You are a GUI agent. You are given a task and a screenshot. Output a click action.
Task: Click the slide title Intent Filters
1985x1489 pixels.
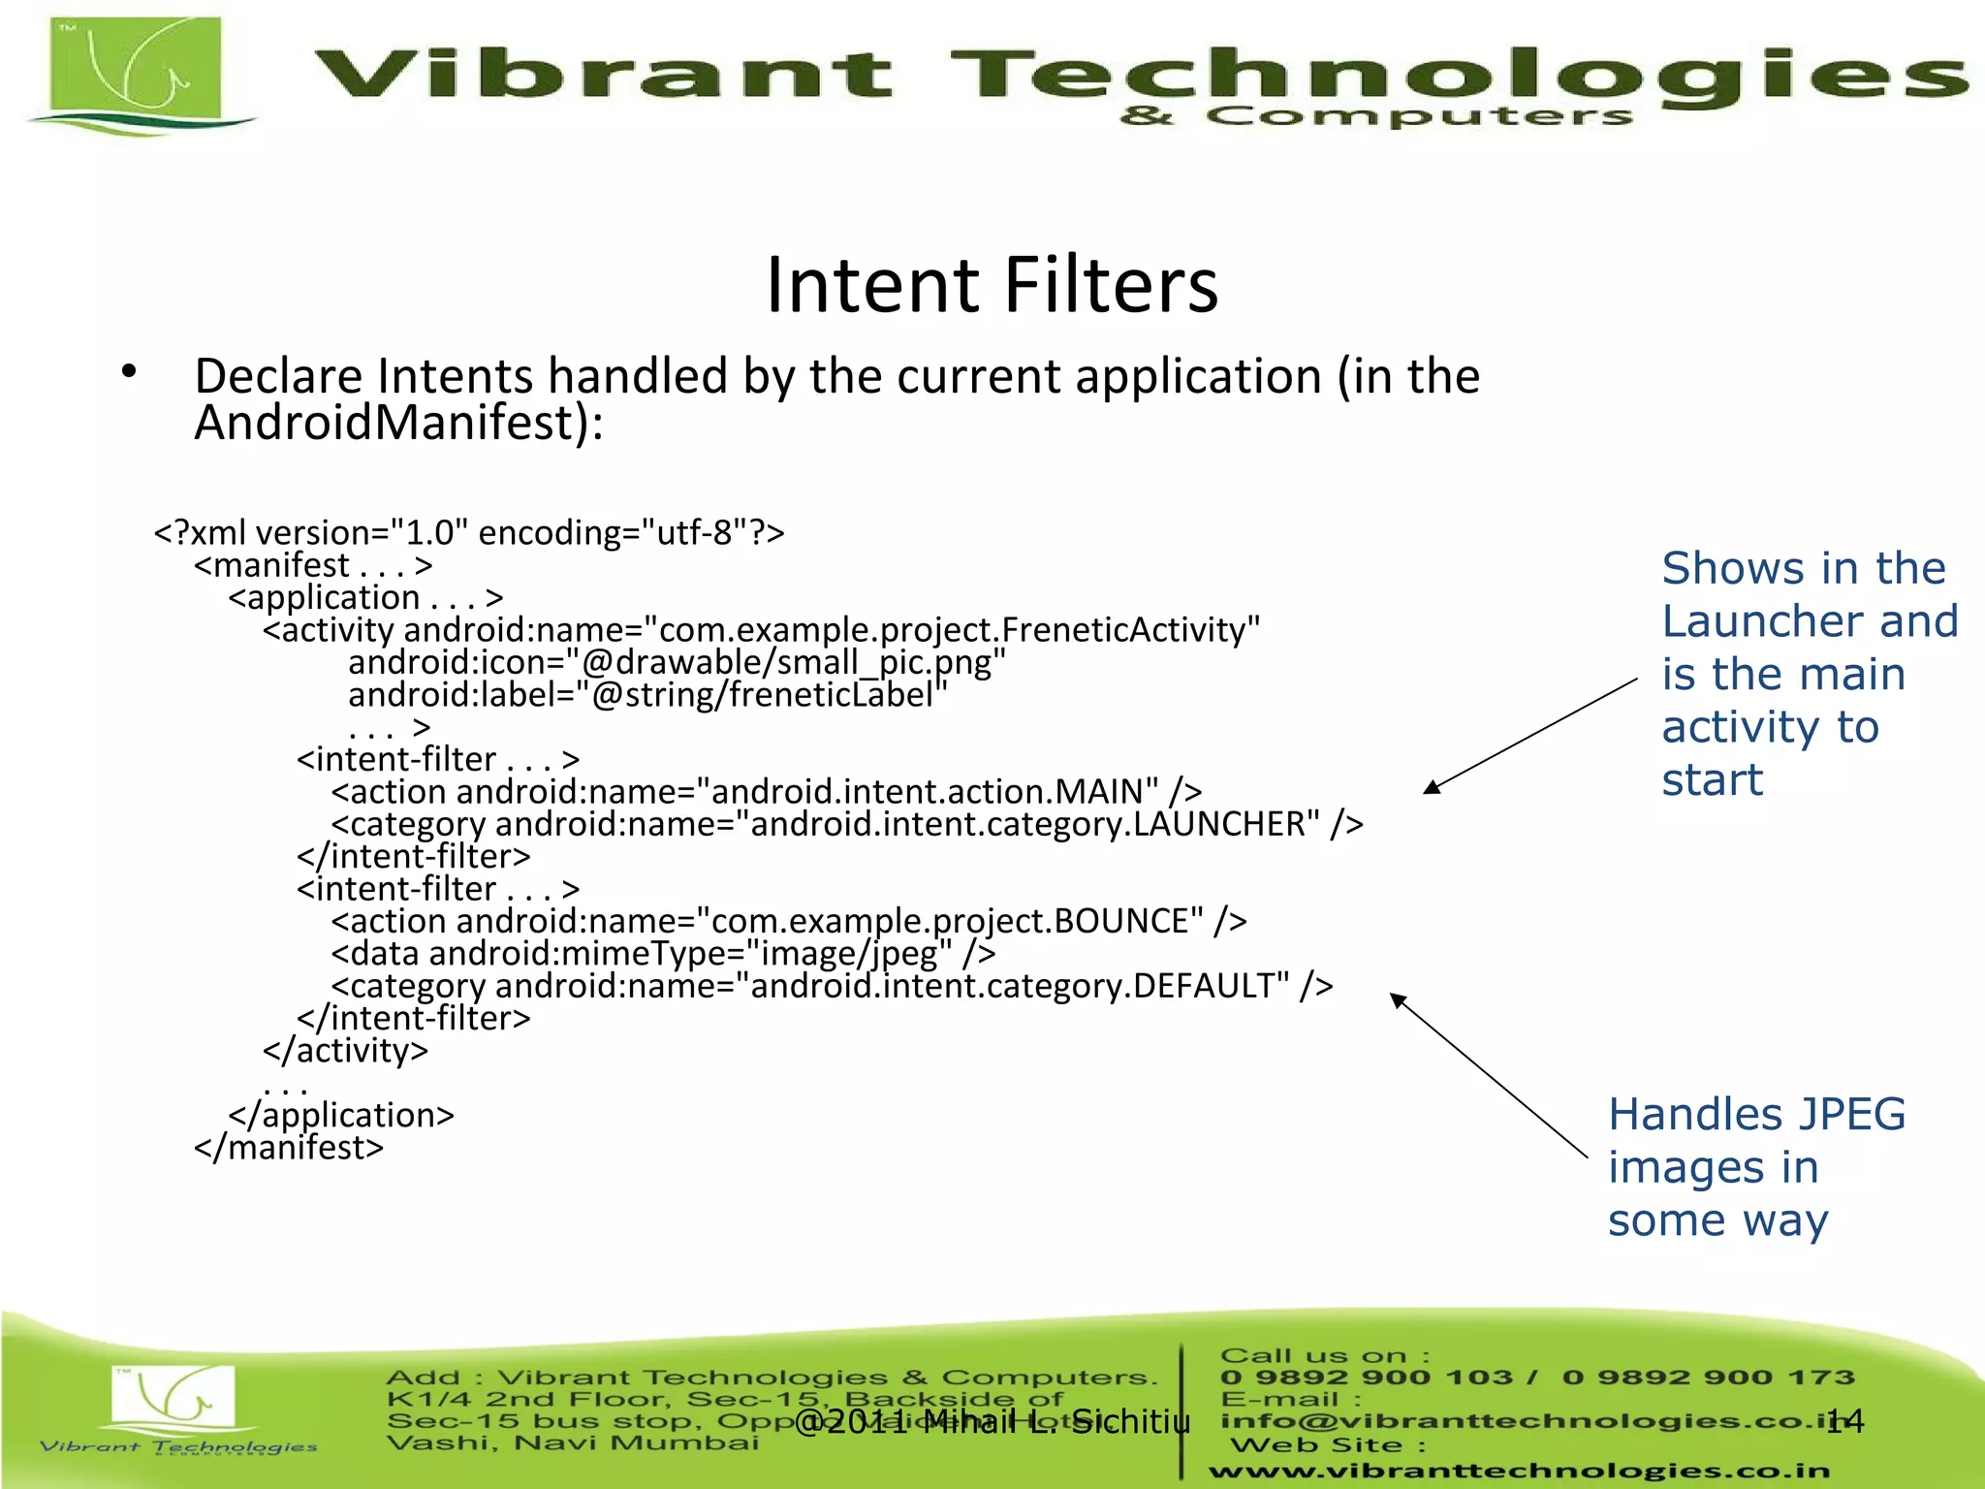click(992, 285)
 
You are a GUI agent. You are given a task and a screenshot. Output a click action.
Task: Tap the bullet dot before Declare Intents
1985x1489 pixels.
click(129, 372)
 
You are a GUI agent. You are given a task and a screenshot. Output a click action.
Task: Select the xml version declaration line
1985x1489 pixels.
click(469, 533)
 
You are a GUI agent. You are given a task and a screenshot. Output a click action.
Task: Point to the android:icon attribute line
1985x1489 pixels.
click(677, 663)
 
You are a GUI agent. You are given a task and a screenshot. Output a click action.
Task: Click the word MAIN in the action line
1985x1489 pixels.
click(1099, 792)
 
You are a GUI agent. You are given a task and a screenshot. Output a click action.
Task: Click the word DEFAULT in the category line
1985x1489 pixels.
click(1211, 986)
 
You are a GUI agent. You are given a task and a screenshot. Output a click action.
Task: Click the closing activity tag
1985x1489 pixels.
click(345, 1051)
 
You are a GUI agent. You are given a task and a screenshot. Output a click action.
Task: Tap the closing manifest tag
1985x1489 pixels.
click(289, 1148)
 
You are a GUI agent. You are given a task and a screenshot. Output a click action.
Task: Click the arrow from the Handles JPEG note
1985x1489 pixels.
click(1489, 1075)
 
